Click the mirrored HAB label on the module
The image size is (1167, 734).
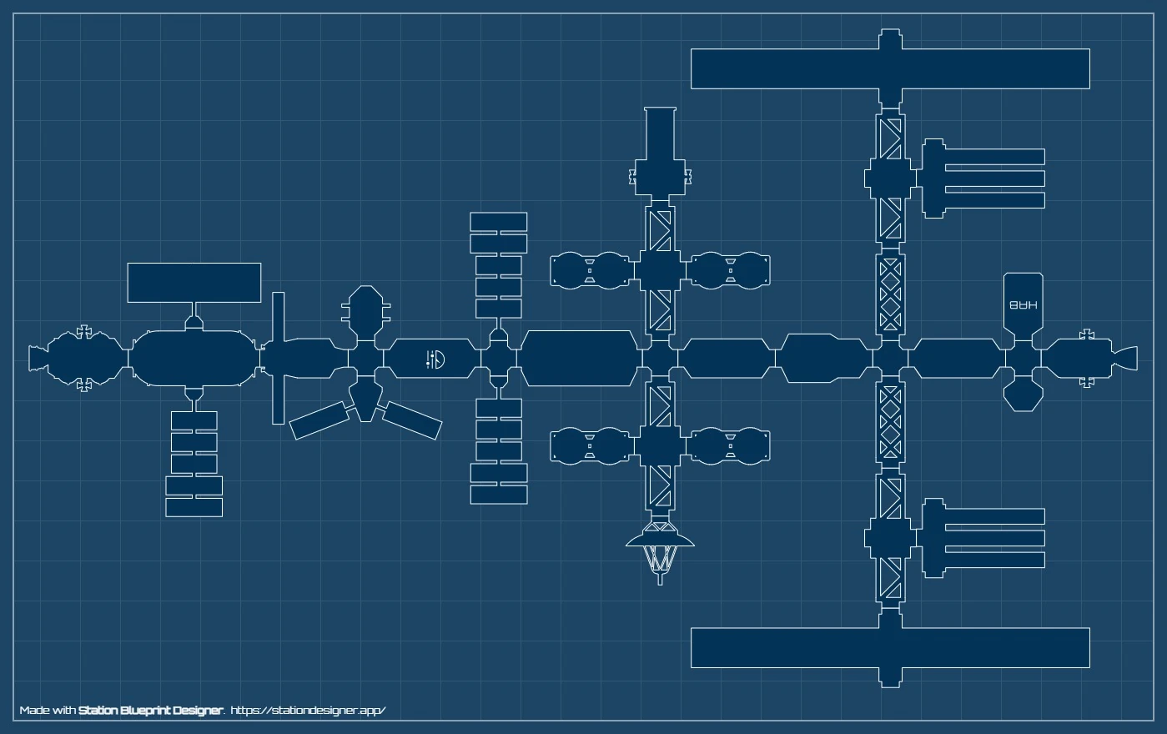(x=1024, y=305)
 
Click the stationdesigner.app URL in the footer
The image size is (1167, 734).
(x=308, y=711)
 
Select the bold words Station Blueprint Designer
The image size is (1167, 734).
(x=150, y=711)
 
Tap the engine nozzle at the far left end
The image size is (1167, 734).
(x=36, y=359)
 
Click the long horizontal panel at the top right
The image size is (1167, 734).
(x=890, y=68)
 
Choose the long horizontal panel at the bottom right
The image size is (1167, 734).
(x=890, y=648)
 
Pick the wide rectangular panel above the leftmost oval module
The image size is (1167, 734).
(x=194, y=283)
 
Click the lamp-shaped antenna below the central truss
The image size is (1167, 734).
(x=661, y=550)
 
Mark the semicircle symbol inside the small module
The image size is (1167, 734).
(x=436, y=359)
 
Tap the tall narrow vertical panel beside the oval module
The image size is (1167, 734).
(x=279, y=359)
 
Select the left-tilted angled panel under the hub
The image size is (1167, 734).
(x=319, y=420)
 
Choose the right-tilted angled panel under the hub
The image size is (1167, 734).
(x=412, y=420)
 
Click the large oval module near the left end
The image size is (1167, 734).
(x=192, y=359)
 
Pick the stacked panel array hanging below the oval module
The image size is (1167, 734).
(x=194, y=463)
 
